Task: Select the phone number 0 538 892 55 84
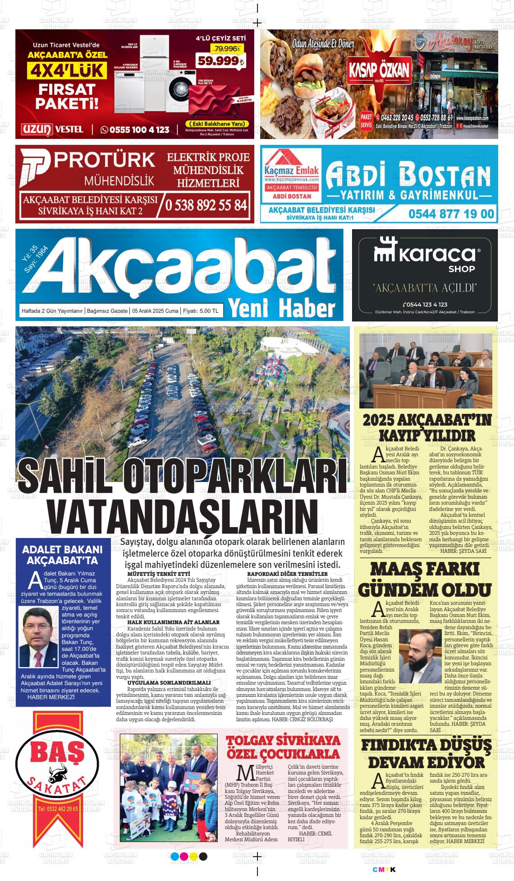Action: click(207, 205)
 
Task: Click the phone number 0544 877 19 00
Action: click(451, 213)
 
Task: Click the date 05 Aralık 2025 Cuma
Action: click(155, 311)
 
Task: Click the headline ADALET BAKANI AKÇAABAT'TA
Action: click(62, 555)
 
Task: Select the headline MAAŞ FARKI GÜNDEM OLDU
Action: click(424, 580)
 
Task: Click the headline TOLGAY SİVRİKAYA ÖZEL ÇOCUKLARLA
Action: click(283, 747)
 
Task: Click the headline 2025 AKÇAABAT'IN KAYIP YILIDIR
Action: click(427, 427)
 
